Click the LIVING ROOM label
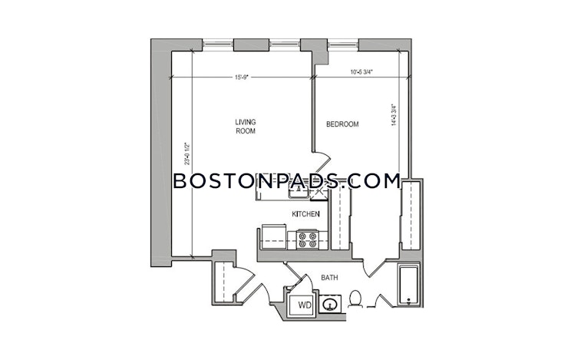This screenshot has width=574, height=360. [246, 126]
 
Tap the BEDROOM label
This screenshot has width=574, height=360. [342, 124]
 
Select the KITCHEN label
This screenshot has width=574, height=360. [305, 214]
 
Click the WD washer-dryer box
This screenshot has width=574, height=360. [305, 306]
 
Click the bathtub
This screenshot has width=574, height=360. [409, 282]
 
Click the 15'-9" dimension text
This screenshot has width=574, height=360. [242, 76]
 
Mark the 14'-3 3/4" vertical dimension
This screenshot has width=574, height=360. [394, 115]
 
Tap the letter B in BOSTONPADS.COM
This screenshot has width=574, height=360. [180, 182]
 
